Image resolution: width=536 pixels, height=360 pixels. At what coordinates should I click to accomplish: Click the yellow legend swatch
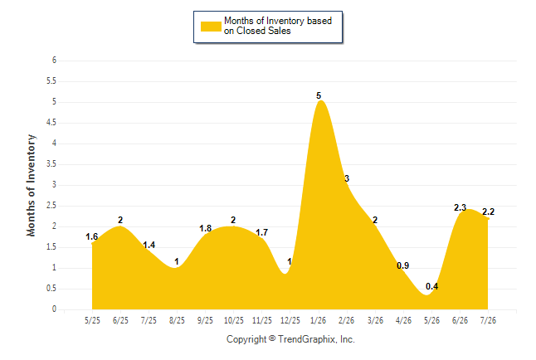[x=211, y=27]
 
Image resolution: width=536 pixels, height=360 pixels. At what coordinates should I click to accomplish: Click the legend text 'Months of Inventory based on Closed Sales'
[x=278, y=26]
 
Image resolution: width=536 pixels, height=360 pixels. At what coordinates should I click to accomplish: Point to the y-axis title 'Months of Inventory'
[x=31, y=185]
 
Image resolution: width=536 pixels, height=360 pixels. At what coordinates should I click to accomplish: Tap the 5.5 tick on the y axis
[x=51, y=81]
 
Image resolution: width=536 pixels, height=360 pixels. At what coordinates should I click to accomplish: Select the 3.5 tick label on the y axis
[x=51, y=164]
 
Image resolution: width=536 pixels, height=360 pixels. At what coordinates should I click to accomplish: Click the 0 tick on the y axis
[x=54, y=309]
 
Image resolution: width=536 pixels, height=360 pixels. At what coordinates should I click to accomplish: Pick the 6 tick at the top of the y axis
[x=54, y=61]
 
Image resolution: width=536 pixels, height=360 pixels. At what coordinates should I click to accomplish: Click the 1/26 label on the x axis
[x=318, y=320]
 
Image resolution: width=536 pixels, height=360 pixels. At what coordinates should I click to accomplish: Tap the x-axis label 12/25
[x=290, y=320]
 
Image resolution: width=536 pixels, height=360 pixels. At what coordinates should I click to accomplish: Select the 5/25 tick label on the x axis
[x=92, y=320]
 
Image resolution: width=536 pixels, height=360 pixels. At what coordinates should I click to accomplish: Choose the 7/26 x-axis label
[x=488, y=320]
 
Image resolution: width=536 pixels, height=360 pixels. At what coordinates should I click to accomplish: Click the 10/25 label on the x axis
[x=234, y=320]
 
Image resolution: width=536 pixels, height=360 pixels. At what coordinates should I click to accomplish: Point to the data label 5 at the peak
[x=319, y=95]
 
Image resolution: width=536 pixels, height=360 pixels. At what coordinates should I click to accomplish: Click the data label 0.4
[x=431, y=286]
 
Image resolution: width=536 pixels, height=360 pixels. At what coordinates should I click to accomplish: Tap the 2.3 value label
[x=460, y=207]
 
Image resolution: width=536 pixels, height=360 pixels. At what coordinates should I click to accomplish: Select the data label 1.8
[x=206, y=228]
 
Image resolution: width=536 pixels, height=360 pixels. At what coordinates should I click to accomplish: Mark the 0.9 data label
[x=402, y=265]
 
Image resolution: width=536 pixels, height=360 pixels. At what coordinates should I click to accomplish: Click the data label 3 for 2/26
[x=347, y=178]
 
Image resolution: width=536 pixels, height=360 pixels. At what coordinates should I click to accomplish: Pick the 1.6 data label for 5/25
[x=91, y=236]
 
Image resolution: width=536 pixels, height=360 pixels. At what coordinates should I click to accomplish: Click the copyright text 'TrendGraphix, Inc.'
[x=316, y=339]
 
